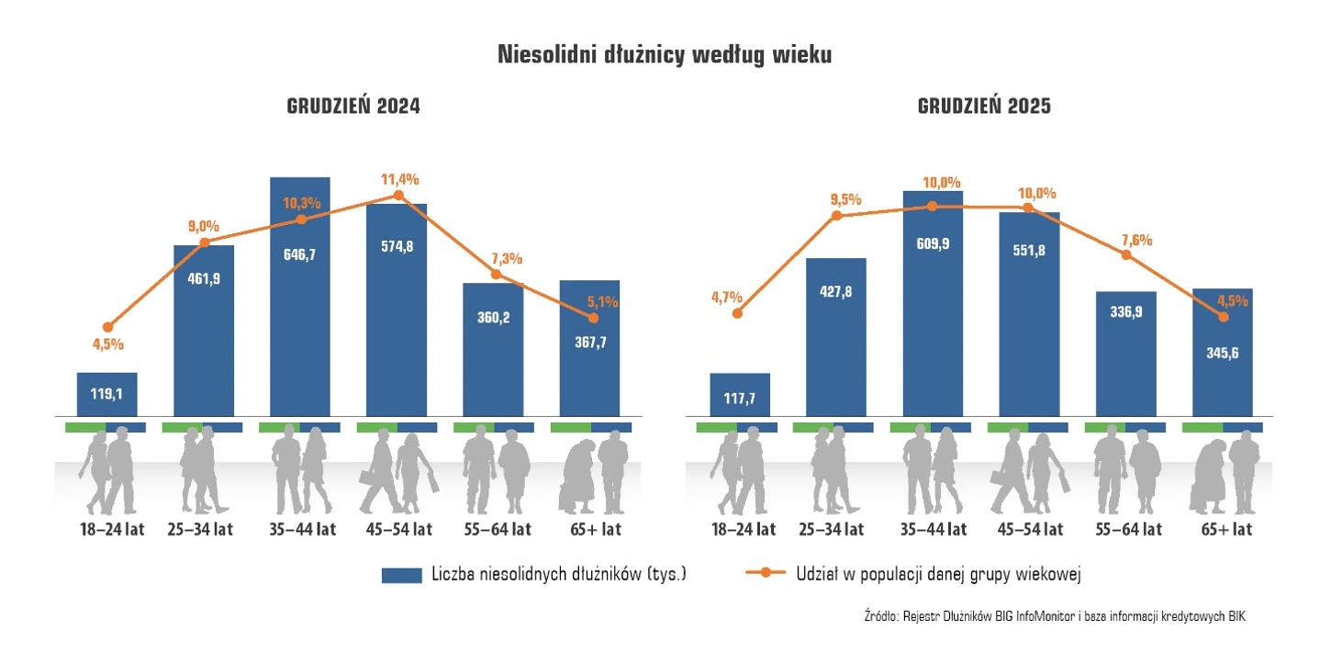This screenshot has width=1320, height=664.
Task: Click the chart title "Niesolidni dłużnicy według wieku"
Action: tap(664, 54)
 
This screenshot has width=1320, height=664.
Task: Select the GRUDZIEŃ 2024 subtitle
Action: tap(353, 107)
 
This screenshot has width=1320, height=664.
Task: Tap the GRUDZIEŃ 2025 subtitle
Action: tap(984, 107)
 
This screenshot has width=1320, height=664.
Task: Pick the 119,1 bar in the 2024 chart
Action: tap(106, 394)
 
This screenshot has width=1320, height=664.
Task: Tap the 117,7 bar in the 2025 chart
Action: tap(740, 395)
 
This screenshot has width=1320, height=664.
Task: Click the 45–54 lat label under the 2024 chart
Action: tap(397, 529)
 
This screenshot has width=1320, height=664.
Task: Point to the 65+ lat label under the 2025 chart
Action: tap(1226, 530)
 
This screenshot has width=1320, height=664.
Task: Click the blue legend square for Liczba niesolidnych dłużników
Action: tap(401, 575)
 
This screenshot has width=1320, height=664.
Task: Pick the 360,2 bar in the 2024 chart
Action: tap(493, 349)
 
